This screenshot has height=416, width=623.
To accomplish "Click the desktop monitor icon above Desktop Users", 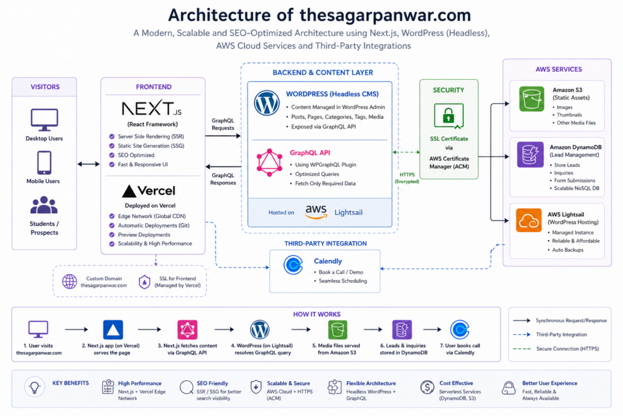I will click(44, 119).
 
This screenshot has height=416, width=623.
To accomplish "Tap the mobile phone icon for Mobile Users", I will click(44, 163).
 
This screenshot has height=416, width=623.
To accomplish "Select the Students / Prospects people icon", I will click(44, 205).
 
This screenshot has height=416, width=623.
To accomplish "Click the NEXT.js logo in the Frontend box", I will click(151, 109).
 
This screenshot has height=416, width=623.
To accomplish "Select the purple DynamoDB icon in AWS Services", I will click(530, 154).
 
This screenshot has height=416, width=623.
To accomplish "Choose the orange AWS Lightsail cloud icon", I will click(529, 220).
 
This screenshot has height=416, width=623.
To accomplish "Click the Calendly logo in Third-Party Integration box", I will click(294, 266).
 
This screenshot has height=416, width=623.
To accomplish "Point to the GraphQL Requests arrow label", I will click(223, 124).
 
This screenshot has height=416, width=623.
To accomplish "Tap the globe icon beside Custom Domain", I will click(70, 281).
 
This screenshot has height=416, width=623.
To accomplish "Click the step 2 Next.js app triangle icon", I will click(113, 329).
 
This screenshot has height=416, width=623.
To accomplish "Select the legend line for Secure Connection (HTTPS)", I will click(521, 349).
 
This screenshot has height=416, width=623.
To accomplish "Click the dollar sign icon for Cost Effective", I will click(427, 387).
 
